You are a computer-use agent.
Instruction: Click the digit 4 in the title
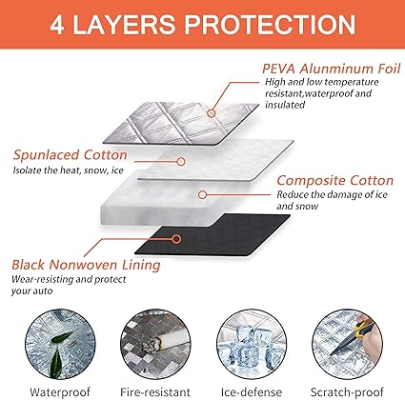[57, 25]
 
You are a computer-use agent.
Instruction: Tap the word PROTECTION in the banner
[270, 25]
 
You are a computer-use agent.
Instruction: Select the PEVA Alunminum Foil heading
[332, 69]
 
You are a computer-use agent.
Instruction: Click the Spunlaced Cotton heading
[71, 155]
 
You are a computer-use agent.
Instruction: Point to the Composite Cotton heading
[335, 180]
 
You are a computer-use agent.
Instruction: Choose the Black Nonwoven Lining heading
[86, 265]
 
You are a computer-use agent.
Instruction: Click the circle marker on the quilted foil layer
[212, 113]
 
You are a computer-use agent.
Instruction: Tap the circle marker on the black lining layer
[176, 239]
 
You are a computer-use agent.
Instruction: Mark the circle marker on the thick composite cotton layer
[202, 194]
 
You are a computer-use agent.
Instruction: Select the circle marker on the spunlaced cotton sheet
[181, 162]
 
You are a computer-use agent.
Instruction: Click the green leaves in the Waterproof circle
[61, 350]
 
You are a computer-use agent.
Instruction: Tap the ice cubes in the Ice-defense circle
[253, 346]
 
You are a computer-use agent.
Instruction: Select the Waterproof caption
[60, 392]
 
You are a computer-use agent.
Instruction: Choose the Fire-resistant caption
[155, 392]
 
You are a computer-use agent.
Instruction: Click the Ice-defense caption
[252, 392]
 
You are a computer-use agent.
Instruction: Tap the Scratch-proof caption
[347, 392]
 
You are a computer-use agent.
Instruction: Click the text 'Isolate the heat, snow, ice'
[68, 170]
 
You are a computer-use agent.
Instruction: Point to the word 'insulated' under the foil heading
[285, 105]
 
